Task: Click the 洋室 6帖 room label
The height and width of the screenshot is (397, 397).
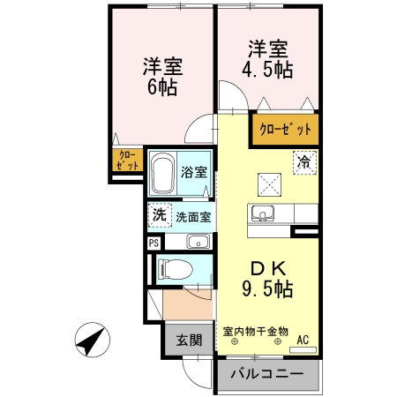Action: (162, 76)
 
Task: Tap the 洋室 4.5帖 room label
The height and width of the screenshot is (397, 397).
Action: (267, 58)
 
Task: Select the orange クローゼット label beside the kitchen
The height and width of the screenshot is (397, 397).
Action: (285, 130)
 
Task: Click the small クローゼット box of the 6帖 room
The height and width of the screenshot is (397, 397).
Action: (127, 161)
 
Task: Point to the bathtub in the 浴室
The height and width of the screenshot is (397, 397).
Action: (163, 175)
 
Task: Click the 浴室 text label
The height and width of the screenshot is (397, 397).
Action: (194, 173)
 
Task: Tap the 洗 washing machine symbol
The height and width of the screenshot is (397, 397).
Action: (159, 214)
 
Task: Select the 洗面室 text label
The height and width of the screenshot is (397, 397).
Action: (192, 215)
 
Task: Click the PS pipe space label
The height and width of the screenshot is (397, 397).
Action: (154, 242)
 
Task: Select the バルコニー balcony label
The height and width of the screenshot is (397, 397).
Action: (267, 375)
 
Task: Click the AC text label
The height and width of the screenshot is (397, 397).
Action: (303, 339)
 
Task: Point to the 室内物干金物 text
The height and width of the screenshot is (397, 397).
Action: (256, 331)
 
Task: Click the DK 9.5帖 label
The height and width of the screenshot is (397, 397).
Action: (268, 277)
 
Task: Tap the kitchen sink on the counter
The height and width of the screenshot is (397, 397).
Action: (264, 213)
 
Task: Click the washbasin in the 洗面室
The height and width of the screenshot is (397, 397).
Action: (197, 242)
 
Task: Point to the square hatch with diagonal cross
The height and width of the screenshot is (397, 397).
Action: (268, 183)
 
